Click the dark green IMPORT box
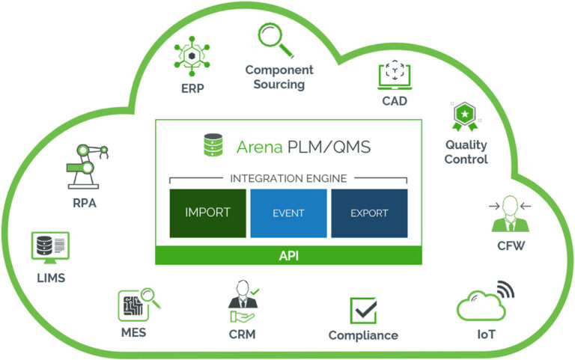[x=207, y=213]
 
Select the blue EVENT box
[x=288, y=213]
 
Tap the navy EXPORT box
[x=369, y=213]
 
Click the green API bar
[x=288, y=255]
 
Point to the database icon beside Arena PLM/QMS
[x=213, y=145]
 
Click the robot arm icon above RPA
[x=82, y=165]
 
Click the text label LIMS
[x=50, y=278]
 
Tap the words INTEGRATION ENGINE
[x=288, y=177]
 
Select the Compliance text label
[x=363, y=335]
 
